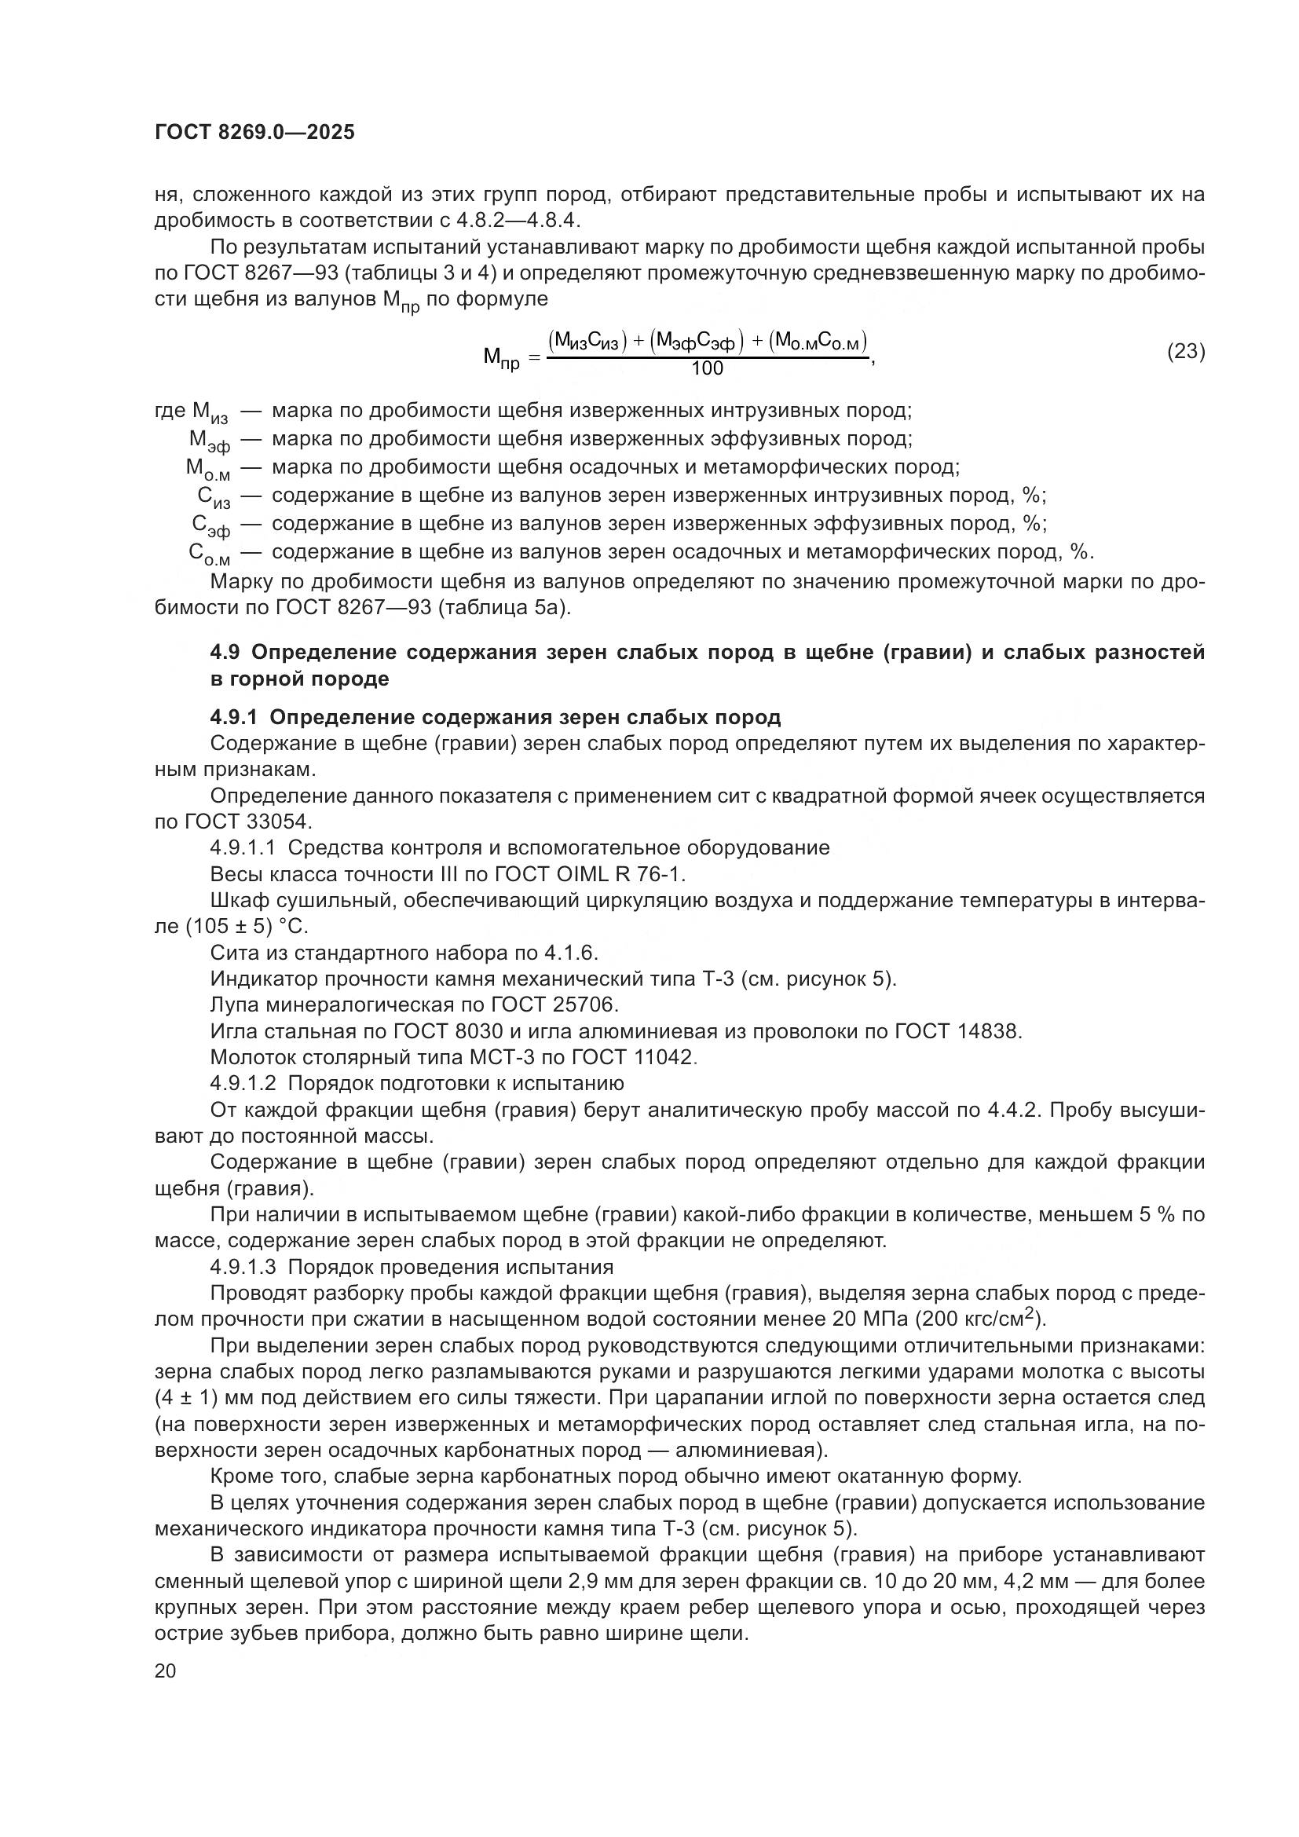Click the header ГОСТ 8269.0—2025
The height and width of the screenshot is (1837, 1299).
[254, 133]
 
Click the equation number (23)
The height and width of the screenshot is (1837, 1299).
[1186, 351]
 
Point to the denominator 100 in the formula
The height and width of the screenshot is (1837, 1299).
[707, 368]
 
